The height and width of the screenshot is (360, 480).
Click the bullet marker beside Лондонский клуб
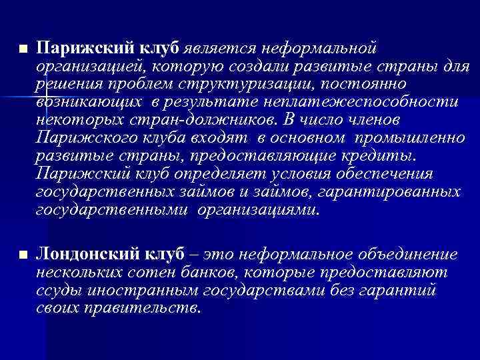point(23,255)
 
